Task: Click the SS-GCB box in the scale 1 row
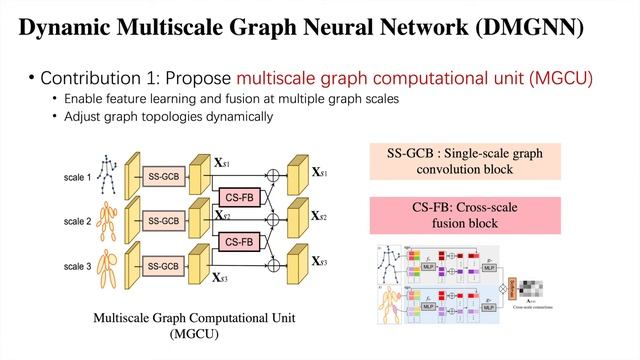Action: pyautogui.click(x=164, y=176)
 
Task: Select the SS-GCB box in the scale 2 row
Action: pyautogui.click(x=164, y=221)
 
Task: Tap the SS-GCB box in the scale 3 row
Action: pyautogui.click(x=164, y=266)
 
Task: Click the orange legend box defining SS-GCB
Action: pyautogui.click(x=464, y=162)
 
